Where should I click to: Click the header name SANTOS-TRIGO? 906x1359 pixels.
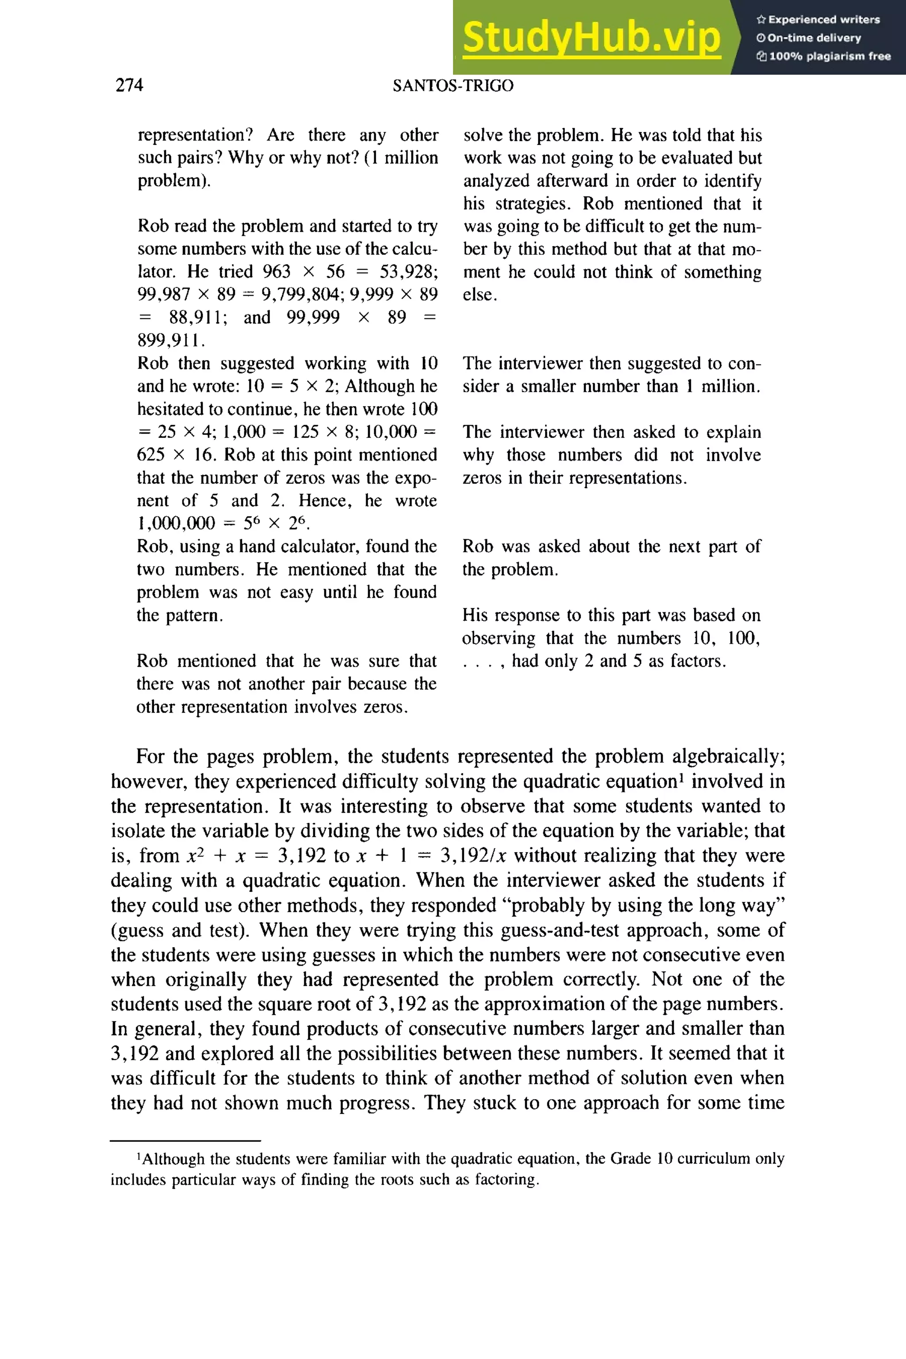pyautogui.click(x=453, y=86)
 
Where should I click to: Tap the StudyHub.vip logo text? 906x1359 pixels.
pyautogui.click(x=591, y=38)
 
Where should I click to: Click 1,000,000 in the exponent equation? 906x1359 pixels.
pyautogui.click(x=176, y=523)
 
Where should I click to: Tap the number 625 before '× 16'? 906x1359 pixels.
pyautogui.click(x=150, y=455)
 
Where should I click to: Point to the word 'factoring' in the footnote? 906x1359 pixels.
pyautogui.click(x=506, y=1179)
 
